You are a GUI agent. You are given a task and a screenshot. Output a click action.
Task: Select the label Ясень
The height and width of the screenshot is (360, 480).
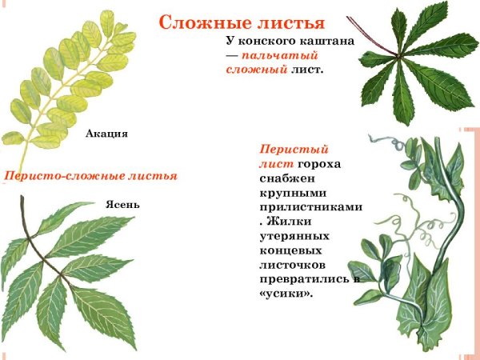[122, 204]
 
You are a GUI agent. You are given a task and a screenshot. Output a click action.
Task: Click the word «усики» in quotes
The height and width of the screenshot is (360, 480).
[286, 294]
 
